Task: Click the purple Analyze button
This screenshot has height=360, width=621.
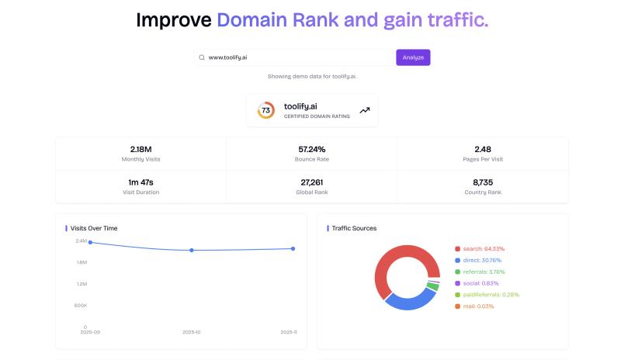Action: [x=413, y=57]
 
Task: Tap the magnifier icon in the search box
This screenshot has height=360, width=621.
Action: [x=202, y=57]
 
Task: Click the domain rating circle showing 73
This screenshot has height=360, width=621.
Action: [x=265, y=110]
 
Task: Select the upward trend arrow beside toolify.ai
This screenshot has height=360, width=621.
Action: [x=365, y=110]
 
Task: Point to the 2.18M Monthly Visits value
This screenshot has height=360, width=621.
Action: [x=141, y=149]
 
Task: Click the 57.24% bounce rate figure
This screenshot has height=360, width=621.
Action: [x=311, y=149]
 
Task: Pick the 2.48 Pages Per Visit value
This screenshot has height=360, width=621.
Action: [x=482, y=149]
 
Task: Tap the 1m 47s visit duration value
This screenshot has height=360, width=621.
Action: [x=141, y=182]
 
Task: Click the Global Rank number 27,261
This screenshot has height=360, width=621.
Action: [x=311, y=182]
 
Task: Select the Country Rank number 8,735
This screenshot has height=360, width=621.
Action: [x=482, y=182]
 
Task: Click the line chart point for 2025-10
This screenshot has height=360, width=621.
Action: [x=192, y=250]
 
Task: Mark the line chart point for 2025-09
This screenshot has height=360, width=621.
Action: [x=90, y=242]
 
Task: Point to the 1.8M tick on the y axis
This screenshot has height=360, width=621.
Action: [x=81, y=262]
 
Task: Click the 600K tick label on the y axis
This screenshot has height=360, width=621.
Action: [x=80, y=305]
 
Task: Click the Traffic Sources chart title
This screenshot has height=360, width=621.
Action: [x=354, y=228]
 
